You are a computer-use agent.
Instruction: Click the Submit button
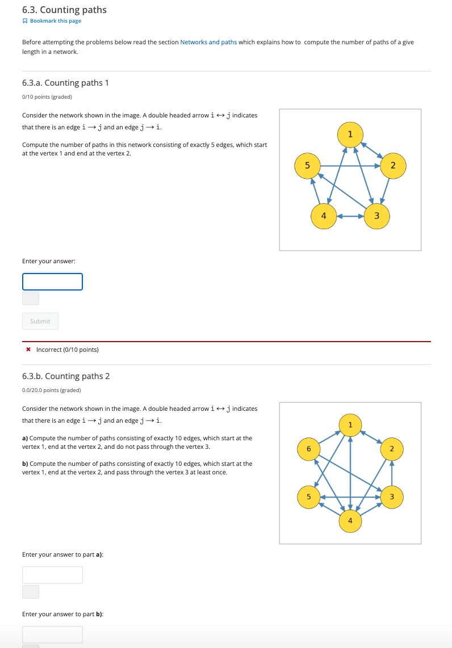tap(40, 321)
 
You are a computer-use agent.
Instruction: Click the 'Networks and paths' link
tap(208, 42)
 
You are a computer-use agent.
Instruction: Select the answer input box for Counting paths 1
tap(52, 281)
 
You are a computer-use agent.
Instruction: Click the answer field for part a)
tap(52, 575)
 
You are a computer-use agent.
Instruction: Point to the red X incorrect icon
tap(28, 350)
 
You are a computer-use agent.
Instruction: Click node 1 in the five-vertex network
tap(350, 134)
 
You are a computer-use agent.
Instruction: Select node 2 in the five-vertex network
tap(392, 165)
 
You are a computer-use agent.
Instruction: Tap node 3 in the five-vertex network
tap(376, 216)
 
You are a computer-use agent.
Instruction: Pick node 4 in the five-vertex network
tap(324, 216)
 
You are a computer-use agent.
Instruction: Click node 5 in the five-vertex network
tap(307, 165)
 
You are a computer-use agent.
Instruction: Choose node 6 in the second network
tap(309, 449)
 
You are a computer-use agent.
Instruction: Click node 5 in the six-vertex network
tap(309, 496)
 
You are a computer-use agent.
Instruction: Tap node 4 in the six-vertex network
tap(350, 520)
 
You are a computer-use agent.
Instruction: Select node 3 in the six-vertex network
tap(391, 496)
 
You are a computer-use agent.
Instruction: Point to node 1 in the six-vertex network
tap(350, 425)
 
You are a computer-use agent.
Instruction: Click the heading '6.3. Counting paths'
tap(64, 10)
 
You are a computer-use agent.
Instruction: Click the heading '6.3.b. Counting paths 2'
tap(66, 376)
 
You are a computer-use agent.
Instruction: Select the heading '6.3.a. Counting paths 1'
tap(65, 83)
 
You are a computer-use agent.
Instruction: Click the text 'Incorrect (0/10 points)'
tap(67, 350)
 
